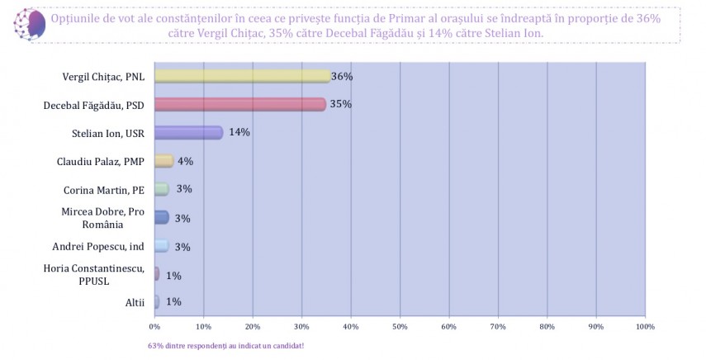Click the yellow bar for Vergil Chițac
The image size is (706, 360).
pyautogui.click(x=241, y=76)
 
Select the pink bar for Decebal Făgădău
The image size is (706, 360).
pyautogui.click(x=239, y=104)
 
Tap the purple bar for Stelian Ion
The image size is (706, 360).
pyautogui.click(x=188, y=132)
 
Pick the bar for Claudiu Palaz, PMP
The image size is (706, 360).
pyautogui.click(x=163, y=161)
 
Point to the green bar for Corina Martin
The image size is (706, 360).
pyautogui.click(x=161, y=189)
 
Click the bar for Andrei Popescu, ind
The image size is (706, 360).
pyautogui.click(x=161, y=245)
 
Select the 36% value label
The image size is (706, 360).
pyautogui.click(x=342, y=77)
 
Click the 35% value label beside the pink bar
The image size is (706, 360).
pyautogui.click(x=340, y=105)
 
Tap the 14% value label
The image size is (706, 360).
pyautogui.click(x=239, y=132)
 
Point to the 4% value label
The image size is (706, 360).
pyautogui.click(x=185, y=161)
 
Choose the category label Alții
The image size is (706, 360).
pyautogui.click(x=135, y=302)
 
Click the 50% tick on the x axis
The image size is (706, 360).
pyautogui.click(x=400, y=327)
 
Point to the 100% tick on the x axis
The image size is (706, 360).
pyautogui.click(x=645, y=327)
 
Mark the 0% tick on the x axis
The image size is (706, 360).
pyautogui.click(x=155, y=327)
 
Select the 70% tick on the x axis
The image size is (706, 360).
pyautogui.click(x=498, y=327)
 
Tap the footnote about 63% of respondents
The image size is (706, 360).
pyautogui.click(x=220, y=345)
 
